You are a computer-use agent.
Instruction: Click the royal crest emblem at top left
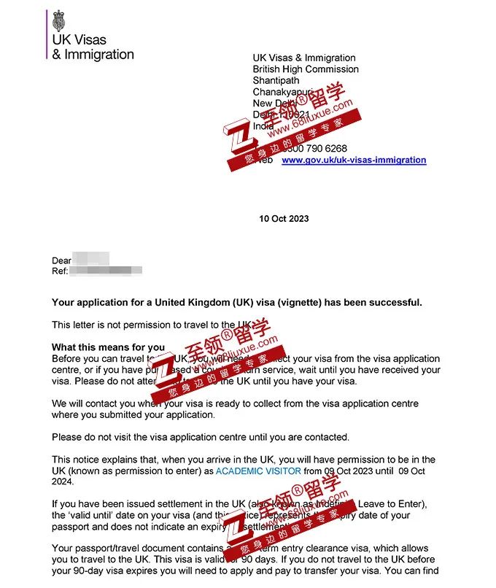[58, 20]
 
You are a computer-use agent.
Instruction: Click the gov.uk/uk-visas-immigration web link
[354, 160]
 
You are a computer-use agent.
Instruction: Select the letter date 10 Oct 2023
[284, 219]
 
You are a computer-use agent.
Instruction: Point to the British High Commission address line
[306, 69]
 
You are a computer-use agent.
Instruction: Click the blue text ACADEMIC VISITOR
[258, 471]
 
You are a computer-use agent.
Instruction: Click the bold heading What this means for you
[108, 347]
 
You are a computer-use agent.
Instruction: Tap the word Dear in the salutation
[62, 260]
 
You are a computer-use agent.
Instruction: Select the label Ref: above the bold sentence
[60, 271]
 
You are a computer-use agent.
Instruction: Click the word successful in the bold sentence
[394, 303]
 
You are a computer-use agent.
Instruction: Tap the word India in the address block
[263, 126]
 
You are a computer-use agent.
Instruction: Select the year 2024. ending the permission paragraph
[63, 482]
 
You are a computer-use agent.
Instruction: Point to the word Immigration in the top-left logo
[98, 54]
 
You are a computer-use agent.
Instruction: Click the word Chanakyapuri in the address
[282, 92]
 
